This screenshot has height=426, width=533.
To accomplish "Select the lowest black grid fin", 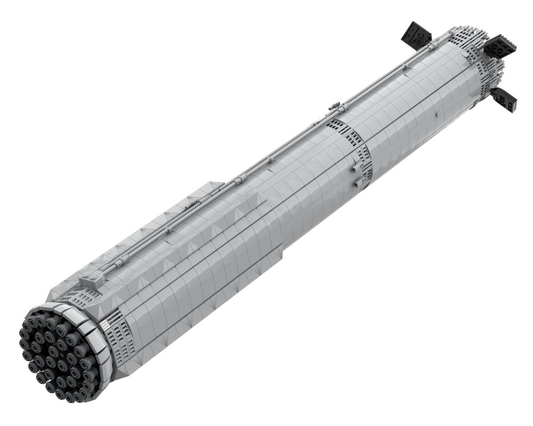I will click(504, 99).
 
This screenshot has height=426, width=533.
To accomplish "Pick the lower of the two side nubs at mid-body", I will click(356, 183).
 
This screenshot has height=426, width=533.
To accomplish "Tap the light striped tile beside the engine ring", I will click(108, 326).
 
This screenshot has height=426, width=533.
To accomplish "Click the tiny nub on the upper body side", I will click(436, 113).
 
